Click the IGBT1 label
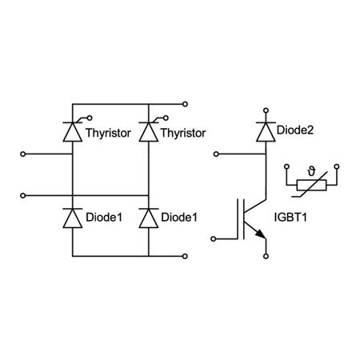click(290, 217)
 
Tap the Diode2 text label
click(295, 130)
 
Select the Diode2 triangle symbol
click(266, 131)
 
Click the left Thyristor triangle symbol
click(73, 132)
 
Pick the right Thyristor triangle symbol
click(149, 132)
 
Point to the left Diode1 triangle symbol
click(73, 218)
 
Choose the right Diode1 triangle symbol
click(149, 218)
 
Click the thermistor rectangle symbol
click(311, 185)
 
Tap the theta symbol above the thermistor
click(311, 171)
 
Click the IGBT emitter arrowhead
click(261, 234)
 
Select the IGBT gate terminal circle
click(214, 239)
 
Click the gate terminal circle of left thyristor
click(90, 118)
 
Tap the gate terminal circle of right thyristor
click(166, 118)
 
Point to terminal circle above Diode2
click(266, 110)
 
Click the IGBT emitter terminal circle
click(266, 256)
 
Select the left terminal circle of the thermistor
click(286, 166)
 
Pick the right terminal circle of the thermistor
click(337, 166)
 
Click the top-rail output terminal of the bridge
click(185, 104)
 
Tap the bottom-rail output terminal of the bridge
click(185, 256)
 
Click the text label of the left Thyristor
click(108, 133)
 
